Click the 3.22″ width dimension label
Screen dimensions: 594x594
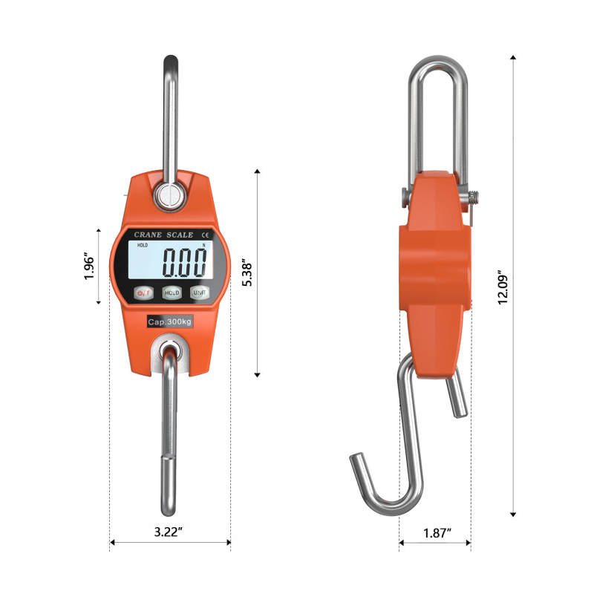(x=169, y=532)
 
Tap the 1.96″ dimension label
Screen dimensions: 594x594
(x=89, y=266)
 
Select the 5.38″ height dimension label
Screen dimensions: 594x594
(x=247, y=272)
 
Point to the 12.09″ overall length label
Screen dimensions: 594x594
(x=503, y=287)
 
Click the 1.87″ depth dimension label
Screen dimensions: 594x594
(x=437, y=533)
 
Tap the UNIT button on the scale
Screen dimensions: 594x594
(x=200, y=293)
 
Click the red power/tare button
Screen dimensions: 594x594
(x=143, y=293)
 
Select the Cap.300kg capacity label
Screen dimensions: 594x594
(x=170, y=322)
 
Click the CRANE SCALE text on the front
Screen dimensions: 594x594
(x=163, y=235)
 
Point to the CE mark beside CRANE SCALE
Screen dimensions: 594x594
(x=205, y=235)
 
